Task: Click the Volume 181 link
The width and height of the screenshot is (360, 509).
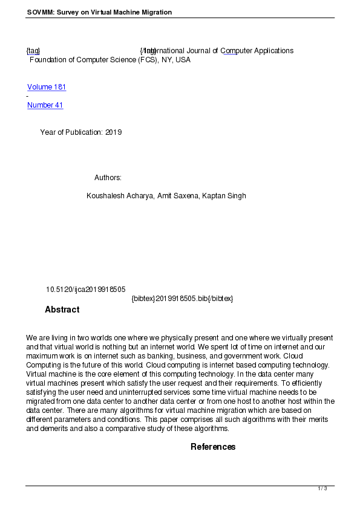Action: pos(47,87)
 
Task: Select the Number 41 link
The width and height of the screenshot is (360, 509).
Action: pos(45,105)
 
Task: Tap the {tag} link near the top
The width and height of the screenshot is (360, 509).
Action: pos(33,51)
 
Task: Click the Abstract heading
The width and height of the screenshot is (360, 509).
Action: pos(62,310)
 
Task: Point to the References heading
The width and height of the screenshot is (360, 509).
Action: pos(213,447)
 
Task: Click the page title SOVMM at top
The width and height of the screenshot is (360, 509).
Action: pos(40,12)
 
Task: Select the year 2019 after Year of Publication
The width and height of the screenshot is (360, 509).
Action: pos(113,132)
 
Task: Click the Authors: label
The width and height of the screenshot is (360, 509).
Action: pos(108,178)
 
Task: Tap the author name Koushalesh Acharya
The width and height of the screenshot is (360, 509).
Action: pos(119,196)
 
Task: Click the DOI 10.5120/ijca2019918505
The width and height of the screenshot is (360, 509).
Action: pos(85,290)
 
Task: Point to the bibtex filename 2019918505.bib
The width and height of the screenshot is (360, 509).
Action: pos(182,299)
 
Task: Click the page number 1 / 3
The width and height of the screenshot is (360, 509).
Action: pos(322,488)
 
